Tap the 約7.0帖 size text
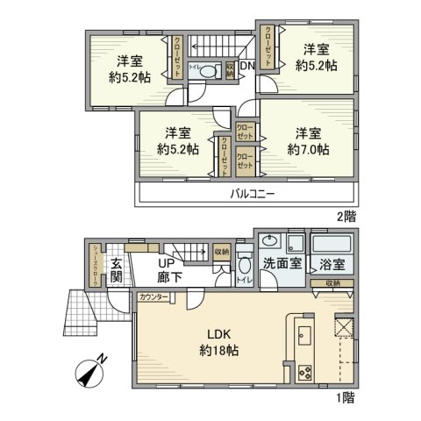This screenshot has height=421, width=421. [x=306, y=149]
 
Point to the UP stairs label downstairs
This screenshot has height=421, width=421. [x=166, y=261]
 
